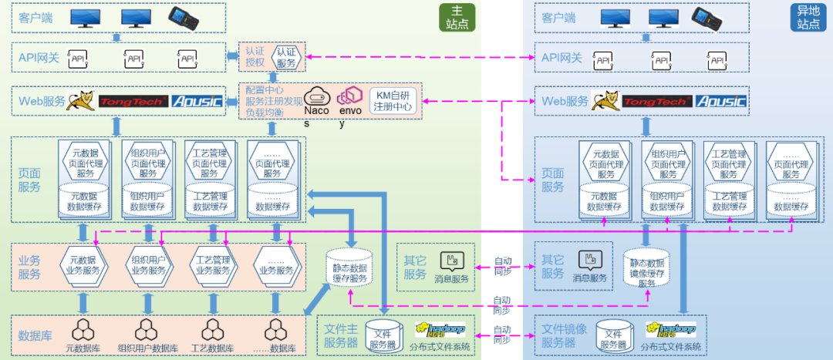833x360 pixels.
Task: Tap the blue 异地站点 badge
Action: click(x=808, y=18)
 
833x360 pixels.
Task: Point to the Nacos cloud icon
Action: click(x=316, y=96)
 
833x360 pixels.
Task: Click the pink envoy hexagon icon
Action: click(x=351, y=96)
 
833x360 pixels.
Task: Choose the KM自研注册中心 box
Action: click(x=393, y=101)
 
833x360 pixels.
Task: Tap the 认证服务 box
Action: click(x=285, y=58)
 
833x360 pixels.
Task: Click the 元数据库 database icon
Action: click(x=82, y=329)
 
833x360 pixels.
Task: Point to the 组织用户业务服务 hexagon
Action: click(x=149, y=264)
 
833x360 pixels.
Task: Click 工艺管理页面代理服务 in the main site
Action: click(x=210, y=163)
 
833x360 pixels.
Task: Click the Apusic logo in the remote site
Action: click(x=720, y=101)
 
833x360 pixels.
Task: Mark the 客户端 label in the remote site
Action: click(x=558, y=18)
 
